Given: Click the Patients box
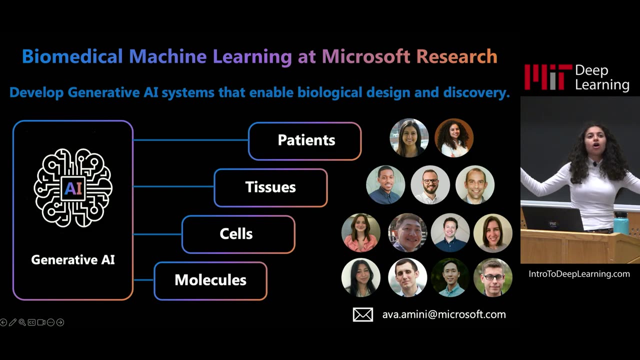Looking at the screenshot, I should (x=304, y=141).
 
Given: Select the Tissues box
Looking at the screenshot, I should (x=270, y=187).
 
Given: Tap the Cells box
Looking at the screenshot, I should (x=238, y=234).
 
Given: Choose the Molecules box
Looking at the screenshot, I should (x=210, y=280).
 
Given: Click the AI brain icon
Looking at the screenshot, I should (x=73, y=187).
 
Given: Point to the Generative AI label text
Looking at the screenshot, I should (x=73, y=260).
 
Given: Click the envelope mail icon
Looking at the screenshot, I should (x=363, y=314).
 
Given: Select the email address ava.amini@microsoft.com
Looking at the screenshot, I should (x=444, y=314).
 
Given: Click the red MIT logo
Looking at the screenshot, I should (x=547, y=77).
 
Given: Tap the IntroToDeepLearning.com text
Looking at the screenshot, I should (x=579, y=274).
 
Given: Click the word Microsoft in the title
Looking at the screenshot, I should (x=365, y=56).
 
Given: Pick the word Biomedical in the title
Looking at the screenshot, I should (x=72, y=56).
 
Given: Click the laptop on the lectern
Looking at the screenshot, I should (x=552, y=219).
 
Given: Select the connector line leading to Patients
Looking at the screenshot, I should (x=190, y=140).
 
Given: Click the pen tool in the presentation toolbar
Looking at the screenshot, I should (x=12, y=322).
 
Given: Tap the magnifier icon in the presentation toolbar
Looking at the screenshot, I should (x=22, y=322).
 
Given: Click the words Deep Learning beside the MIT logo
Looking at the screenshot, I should (x=602, y=77).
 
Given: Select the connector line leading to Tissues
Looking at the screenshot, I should (x=173, y=187).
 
